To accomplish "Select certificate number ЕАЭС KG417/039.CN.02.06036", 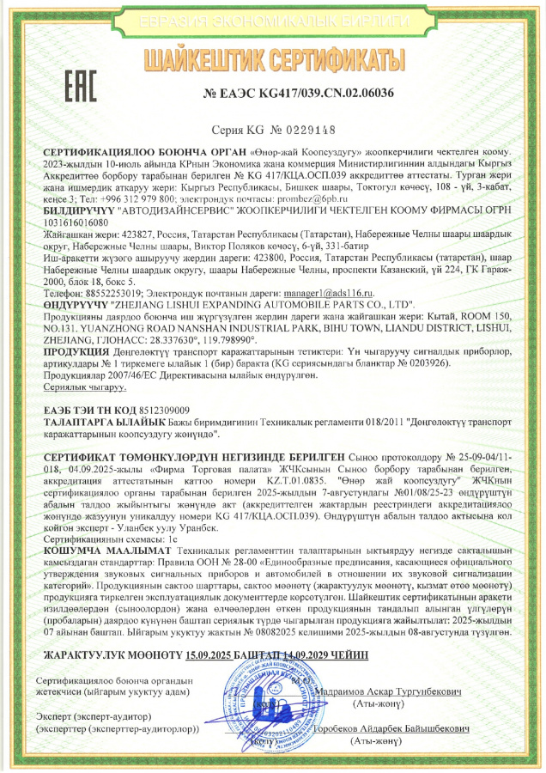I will (299, 93).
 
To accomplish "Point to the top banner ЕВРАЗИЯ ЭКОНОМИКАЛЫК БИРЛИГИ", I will (273, 21).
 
